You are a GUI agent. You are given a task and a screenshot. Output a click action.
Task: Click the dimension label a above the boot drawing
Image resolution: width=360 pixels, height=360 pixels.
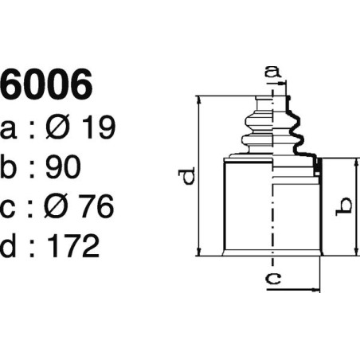click(x=273, y=73)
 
